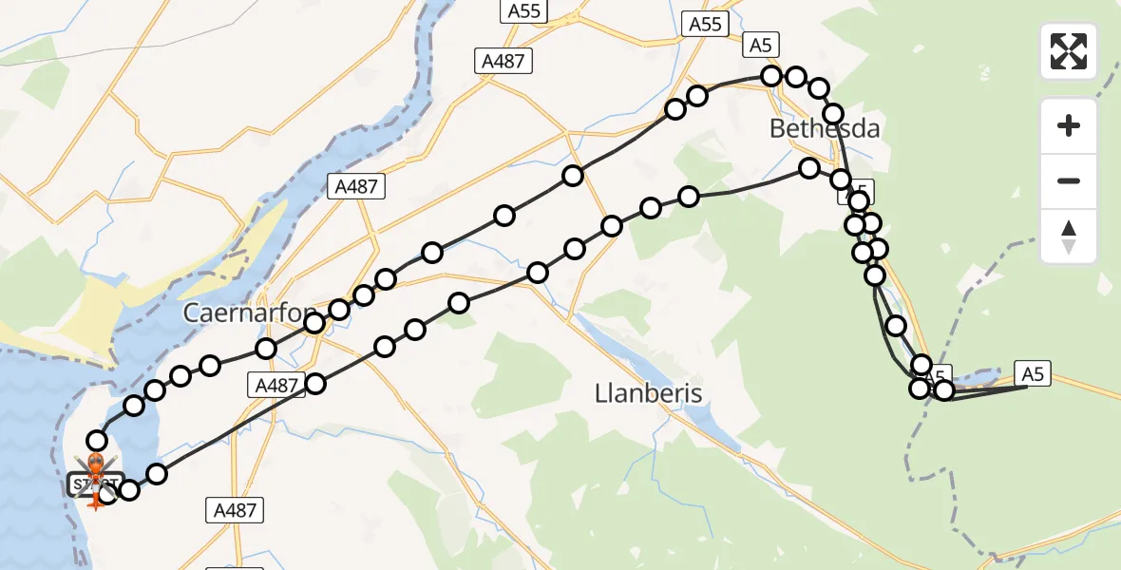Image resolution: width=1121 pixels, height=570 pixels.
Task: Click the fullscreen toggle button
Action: coord(1069,51)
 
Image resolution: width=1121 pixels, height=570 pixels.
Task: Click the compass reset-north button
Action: coord(1069,237)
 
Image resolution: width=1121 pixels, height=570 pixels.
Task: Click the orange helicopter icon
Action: coord(96,465)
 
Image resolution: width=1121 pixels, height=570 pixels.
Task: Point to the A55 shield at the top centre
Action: coord(525,11)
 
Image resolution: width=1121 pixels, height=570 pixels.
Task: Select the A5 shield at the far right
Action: coord(1034,374)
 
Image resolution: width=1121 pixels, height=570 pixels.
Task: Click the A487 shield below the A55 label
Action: coord(503,62)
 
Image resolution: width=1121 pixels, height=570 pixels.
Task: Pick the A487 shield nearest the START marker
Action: coord(234,510)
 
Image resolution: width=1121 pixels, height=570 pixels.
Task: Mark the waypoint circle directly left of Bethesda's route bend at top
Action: coord(770,75)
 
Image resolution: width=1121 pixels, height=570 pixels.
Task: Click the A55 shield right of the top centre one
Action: coord(705,24)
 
